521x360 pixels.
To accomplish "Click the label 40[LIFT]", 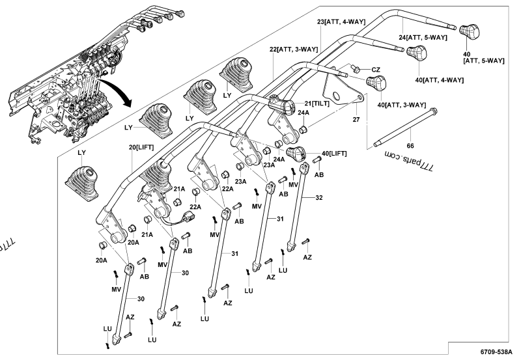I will (x=334, y=153).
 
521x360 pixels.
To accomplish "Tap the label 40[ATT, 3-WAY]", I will (x=402, y=105).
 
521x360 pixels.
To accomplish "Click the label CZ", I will (x=376, y=69).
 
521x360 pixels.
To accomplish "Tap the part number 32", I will (x=318, y=197).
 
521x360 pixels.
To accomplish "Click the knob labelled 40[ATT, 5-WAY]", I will (x=469, y=30).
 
